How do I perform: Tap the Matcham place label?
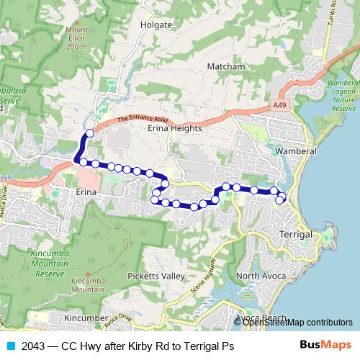(226, 66)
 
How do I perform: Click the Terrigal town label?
(297, 235)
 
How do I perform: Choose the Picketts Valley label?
(156, 276)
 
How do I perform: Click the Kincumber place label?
(86, 318)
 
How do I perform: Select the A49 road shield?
(282, 105)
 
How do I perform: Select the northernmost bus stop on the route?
(90, 133)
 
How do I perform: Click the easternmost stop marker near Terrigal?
(282, 198)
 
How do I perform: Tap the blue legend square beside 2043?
(9, 346)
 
